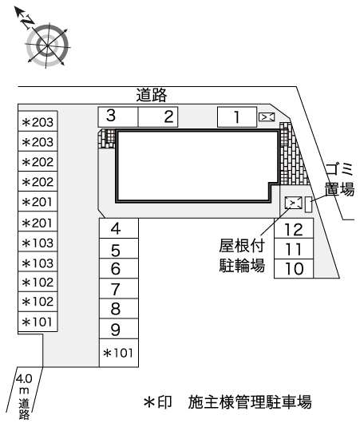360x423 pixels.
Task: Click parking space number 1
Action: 237,117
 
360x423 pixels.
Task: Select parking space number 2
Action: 158,117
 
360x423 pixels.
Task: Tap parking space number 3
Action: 118,117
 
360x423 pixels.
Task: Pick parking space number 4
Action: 119,228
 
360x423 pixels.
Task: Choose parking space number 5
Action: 119,248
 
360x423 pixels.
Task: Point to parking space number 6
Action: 119,268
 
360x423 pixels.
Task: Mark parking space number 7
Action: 119,288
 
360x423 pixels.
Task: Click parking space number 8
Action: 119,308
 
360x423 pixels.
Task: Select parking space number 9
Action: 119,329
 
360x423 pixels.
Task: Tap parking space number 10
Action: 294,269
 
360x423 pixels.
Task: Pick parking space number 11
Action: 294,249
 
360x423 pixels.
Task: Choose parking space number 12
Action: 294,228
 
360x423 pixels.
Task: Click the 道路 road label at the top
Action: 152,95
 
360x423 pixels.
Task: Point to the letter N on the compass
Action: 28,22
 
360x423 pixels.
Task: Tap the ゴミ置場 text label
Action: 339,179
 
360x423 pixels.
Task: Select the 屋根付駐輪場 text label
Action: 242,255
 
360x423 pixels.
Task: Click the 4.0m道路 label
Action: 24,396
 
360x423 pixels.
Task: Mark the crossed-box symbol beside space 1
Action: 267,117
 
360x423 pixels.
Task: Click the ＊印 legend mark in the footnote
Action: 157,402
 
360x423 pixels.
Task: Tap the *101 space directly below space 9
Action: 119,353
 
